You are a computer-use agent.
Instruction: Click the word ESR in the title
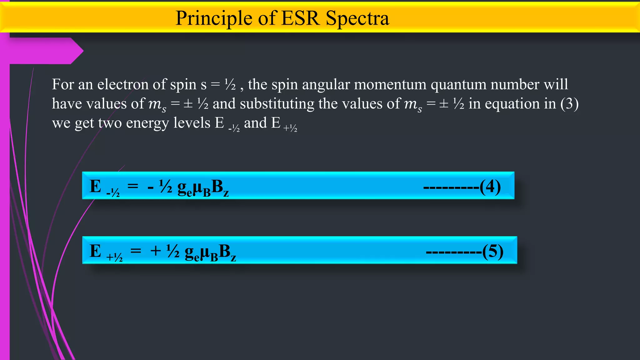pyautogui.click(x=300, y=18)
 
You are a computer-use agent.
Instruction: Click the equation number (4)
pyautogui.click(x=490, y=187)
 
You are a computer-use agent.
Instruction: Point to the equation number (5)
pyautogui.click(x=492, y=252)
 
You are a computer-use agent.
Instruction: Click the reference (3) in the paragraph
pyautogui.click(x=569, y=104)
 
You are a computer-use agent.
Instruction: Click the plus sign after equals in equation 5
pyautogui.click(x=156, y=251)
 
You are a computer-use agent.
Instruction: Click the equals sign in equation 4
pyautogui.click(x=133, y=186)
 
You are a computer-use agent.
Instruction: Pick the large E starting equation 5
pyautogui.click(x=95, y=251)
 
